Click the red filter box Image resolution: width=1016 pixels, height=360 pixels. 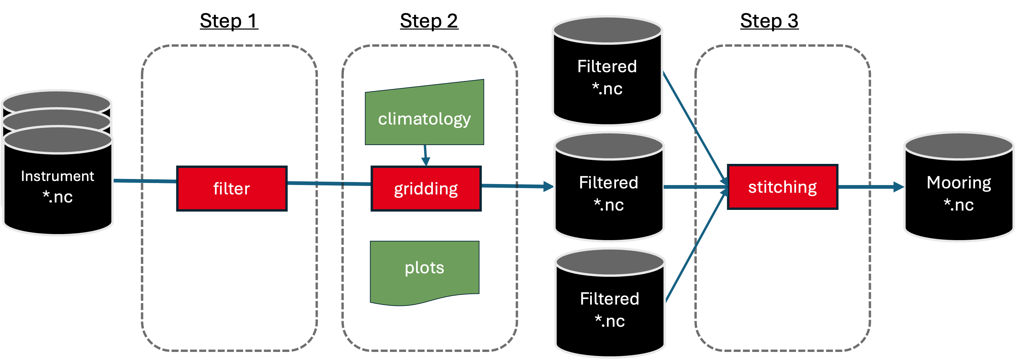pyautogui.click(x=231, y=188)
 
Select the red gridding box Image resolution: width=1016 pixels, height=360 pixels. pyautogui.click(x=426, y=188)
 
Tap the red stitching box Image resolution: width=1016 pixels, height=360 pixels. pyautogui.click(x=783, y=187)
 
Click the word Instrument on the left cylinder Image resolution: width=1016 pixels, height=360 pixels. pyautogui.click(x=57, y=176)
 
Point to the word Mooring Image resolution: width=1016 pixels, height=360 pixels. pyautogui.click(x=959, y=183)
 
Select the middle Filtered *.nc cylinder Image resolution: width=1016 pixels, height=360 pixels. pyautogui.click(x=609, y=193)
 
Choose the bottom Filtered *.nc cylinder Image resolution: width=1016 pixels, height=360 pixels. pyautogui.click(x=610, y=310)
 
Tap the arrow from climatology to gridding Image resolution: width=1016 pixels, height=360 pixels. pyautogui.click(x=426, y=156)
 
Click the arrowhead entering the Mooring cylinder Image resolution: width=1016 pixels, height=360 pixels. pyautogui.click(x=898, y=187)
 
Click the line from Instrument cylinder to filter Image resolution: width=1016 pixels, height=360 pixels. pyautogui.click(x=145, y=181)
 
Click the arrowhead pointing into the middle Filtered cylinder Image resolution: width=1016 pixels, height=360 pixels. pyautogui.click(x=548, y=186)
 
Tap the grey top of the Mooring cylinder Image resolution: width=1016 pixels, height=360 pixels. pyautogui.click(x=959, y=146)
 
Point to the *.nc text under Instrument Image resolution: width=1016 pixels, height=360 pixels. pyautogui.click(x=57, y=197)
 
